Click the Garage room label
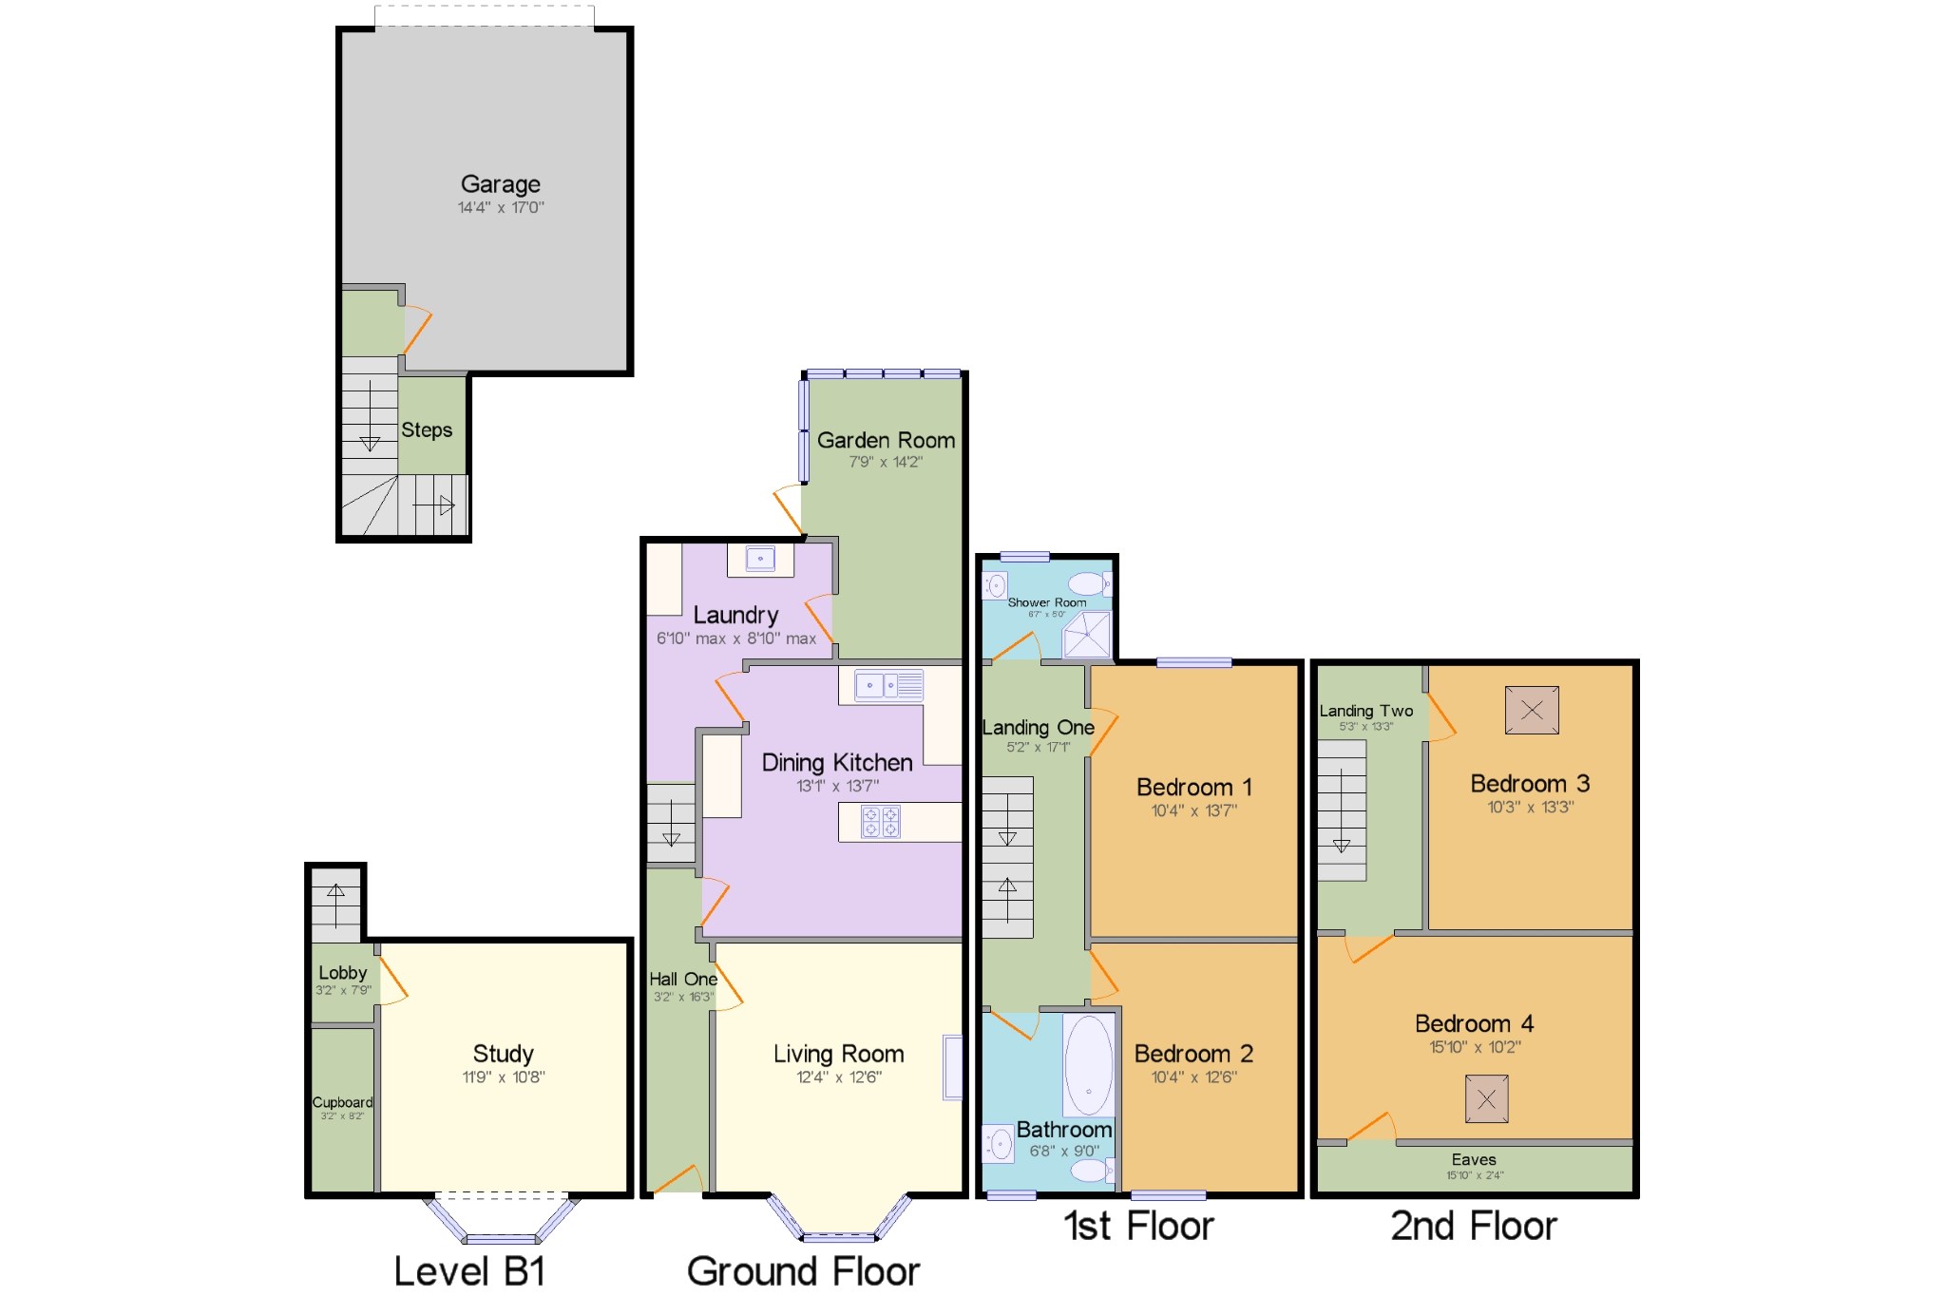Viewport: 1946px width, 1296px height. point(501,184)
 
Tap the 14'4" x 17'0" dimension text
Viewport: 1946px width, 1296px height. point(501,207)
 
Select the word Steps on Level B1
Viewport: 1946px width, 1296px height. point(427,430)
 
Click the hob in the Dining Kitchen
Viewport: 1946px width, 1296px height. point(881,822)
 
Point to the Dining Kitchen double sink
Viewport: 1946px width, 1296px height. point(888,685)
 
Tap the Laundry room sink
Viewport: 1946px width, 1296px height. point(760,559)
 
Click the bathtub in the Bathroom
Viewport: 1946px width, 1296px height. point(1089,1064)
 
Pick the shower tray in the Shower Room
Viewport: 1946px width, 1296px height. point(1086,635)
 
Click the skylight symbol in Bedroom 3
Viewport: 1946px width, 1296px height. point(1532,710)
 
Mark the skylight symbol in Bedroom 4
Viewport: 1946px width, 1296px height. point(1487,1098)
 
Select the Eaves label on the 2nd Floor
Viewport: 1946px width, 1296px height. point(1474,1159)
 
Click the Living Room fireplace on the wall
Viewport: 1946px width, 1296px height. point(952,1067)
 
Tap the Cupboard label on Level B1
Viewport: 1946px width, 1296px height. point(342,1102)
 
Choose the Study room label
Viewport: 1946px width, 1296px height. point(503,1054)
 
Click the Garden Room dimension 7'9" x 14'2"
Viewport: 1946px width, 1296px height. point(886,463)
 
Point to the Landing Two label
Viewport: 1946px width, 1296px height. point(1366,711)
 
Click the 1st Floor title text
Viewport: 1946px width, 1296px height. point(1138,1227)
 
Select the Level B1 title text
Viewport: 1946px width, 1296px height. point(469,1271)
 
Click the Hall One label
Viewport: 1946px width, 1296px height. point(683,980)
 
